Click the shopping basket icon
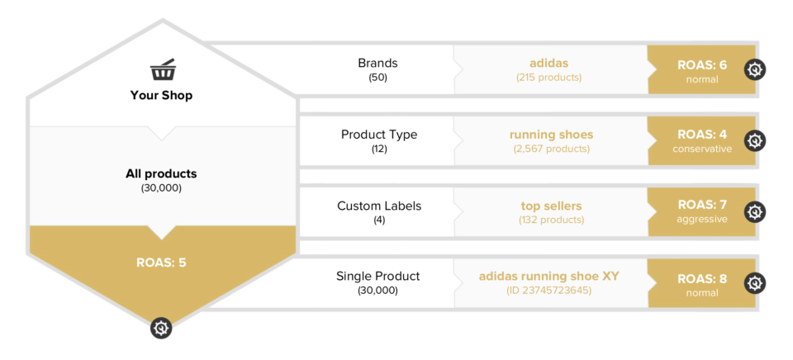point(161,69)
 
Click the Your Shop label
point(161,95)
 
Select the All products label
point(161,173)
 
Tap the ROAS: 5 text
point(161,263)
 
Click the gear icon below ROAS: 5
point(161,328)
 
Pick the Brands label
point(378,63)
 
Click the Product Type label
point(379,135)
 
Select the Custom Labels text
point(379,206)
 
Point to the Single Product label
point(378,276)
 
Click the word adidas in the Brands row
point(549,63)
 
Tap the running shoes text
point(551,135)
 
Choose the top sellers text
point(551,206)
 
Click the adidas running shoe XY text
point(549,276)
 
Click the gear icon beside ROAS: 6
point(754,70)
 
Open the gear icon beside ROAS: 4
point(754,141)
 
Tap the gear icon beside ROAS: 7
point(754,212)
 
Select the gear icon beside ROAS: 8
point(754,283)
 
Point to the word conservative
point(702,149)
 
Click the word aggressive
point(702,220)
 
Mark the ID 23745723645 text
point(549,291)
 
